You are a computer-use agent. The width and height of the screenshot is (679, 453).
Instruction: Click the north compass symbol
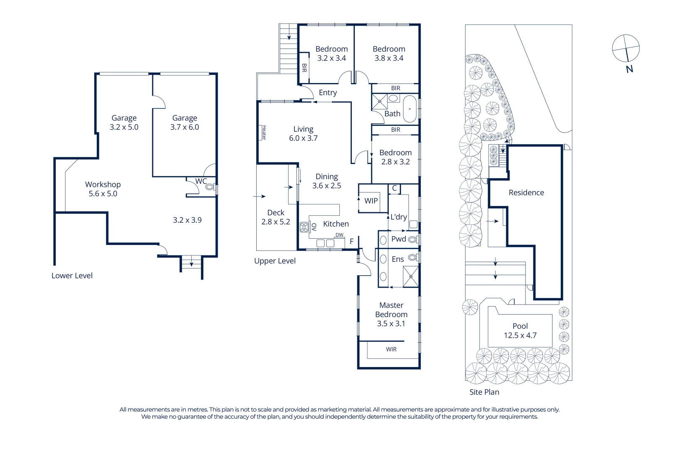[626, 48]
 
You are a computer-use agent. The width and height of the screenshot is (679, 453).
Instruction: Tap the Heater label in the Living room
[264, 133]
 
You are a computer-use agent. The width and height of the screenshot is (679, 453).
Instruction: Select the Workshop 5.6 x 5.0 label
[103, 189]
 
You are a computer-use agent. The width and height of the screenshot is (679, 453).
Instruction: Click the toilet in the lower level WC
[210, 187]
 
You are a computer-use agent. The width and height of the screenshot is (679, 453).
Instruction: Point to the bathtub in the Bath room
[409, 109]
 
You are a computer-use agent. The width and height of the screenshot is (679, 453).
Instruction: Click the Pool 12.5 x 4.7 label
[520, 331]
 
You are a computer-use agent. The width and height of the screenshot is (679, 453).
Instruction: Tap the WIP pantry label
[371, 201]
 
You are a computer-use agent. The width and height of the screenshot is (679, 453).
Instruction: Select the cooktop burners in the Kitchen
[304, 227]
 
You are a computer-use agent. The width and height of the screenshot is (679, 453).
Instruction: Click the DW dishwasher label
[339, 235]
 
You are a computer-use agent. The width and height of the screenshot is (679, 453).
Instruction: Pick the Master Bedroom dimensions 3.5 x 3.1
[391, 324]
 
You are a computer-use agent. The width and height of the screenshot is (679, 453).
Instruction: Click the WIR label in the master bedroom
[391, 349]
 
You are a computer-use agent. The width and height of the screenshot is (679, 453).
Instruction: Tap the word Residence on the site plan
[526, 193]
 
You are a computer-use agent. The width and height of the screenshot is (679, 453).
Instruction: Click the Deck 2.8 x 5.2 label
[276, 217]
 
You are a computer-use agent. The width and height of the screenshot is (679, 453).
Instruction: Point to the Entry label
[328, 93]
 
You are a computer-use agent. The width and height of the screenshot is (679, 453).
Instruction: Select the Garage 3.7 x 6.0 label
[185, 122]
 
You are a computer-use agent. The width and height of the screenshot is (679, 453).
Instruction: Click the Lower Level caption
[72, 276]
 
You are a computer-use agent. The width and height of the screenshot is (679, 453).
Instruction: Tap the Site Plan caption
[484, 392]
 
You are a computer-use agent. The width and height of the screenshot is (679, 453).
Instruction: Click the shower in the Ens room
[411, 277]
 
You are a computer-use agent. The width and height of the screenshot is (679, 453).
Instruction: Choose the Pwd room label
[398, 239]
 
